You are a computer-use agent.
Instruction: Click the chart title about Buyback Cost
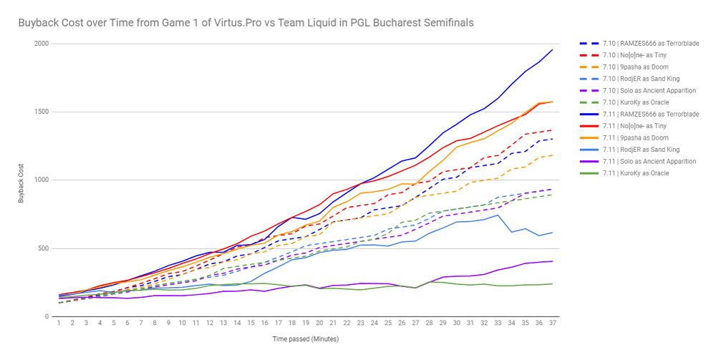(x=246, y=23)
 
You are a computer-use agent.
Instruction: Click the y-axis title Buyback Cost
(x=21, y=180)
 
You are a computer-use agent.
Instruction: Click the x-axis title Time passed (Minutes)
(x=305, y=339)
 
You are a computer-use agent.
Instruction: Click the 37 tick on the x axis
(x=552, y=323)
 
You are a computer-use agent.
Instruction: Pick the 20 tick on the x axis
(x=319, y=323)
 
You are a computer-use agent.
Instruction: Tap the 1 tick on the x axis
(x=59, y=323)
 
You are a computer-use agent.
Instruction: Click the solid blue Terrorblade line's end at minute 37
(x=552, y=49)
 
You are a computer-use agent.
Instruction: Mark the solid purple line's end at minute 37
(x=552, y=261)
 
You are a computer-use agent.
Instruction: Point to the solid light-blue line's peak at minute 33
(x=498, y=215)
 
